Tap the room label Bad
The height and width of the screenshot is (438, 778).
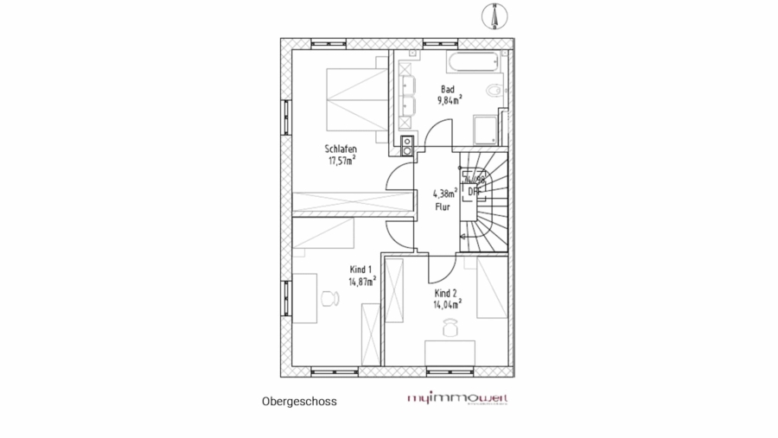[447, 89]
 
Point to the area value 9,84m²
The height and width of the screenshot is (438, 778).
[450, 100]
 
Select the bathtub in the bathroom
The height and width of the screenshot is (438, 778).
[472, 62]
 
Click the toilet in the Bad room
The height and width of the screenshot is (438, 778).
[494, 90]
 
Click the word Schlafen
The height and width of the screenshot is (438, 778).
[341, 149]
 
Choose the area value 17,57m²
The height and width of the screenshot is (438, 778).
[342, 160]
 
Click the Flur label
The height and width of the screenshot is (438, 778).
[443, 206]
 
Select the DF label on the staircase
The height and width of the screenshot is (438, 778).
[473, 191]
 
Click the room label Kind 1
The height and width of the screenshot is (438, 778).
[361, 270]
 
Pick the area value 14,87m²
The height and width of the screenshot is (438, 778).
[362, 281]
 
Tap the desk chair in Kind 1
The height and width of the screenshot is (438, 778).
[328, 298]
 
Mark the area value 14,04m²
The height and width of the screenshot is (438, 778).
[447, 303]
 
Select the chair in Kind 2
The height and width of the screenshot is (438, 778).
[449, 327]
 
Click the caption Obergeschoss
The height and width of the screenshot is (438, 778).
[299, 402]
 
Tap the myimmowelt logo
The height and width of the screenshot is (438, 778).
[457, 399]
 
